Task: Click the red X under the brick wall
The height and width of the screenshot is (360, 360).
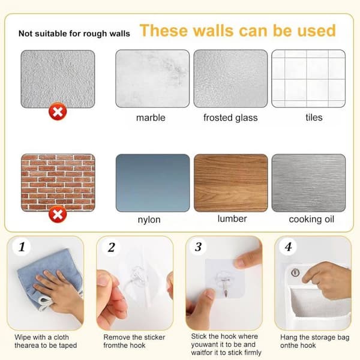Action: coord(58,214)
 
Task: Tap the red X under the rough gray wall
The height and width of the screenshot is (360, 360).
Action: coord(58,112)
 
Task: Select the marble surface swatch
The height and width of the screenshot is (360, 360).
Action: coord(152,79)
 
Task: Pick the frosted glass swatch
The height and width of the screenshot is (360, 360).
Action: coord(230,79)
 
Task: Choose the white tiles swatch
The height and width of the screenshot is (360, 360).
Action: coord(308,79)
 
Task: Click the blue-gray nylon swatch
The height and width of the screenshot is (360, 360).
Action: coord(152,183)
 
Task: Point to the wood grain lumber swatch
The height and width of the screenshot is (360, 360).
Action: coord(231,183)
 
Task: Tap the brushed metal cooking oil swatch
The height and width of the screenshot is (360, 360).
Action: coord(308,183)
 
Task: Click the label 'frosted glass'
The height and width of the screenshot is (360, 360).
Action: coord(230,118)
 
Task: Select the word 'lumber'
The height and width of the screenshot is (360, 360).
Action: coord(232,219)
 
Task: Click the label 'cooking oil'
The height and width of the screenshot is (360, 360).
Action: coord(311,219)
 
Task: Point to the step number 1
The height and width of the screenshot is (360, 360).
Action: coord(22,247)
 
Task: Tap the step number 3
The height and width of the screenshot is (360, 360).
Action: coord(198,247)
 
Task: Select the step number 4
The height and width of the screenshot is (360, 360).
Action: coord(289,247)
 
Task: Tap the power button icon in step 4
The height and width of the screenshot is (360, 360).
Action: coord(295,272)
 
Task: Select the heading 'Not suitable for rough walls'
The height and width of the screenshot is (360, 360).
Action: coord(74,34)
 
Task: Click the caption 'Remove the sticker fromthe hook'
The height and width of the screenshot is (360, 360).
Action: coord(134,341)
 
